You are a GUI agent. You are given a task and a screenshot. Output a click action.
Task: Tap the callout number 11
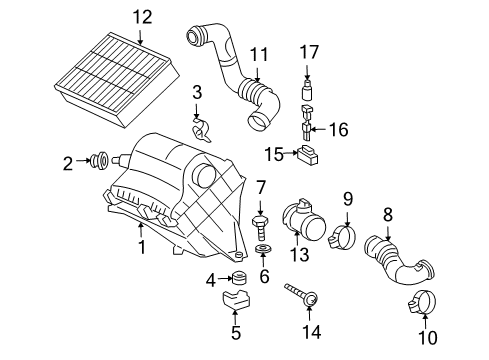259,53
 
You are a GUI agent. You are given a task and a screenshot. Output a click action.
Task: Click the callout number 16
338,129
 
